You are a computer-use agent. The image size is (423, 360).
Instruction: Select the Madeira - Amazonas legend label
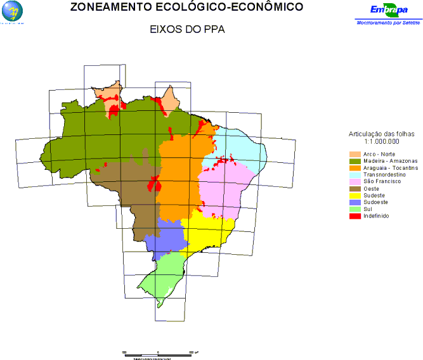click(x=386, y=161)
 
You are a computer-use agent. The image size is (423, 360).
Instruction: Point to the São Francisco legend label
click(x=383, y=181)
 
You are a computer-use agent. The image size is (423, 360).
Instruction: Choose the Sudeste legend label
click(x=375, y=195)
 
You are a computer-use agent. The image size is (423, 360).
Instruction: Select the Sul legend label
click(x=368, y=209)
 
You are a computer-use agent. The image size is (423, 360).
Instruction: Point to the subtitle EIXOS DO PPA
click(x=187, y=29)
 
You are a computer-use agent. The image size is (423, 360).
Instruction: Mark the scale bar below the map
click(x=157, y=351)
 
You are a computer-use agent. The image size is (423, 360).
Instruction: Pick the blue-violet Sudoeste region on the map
click(x=166, y=238)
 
